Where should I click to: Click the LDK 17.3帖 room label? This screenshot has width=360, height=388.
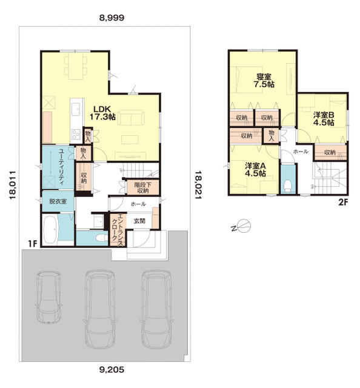pyautogui.click(x=102, y=113)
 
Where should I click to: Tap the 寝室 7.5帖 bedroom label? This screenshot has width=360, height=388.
pyautogui.click(x=264, y=80)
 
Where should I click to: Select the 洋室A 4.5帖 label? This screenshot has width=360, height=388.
pyautogui.click(x=255, y=169)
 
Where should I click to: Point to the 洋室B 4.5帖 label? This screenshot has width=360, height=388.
pyautogui.click(x=324, y=119)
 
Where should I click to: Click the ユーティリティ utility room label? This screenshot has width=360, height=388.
pyautogui.click(x=62, y=167)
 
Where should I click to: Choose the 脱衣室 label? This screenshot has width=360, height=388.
pyautogui.click(x=58, y=201)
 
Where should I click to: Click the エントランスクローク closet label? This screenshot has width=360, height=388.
pyautogui.click(x=117, y=230)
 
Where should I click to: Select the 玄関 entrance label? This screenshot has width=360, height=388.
pyautogui.click(x=139, y=221)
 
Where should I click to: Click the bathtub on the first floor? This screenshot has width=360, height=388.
pyautogui.click(x=51, y=230)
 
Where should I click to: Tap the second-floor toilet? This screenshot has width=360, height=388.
pyautogui.click(x=288, y=186)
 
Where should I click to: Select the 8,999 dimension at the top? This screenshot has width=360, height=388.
pyautogui.click(x=112, y=18)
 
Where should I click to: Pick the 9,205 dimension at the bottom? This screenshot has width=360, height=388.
pyautogui.click(x=112, y=370)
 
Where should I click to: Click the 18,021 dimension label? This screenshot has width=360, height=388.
pyautogui.click(x=198, y=184)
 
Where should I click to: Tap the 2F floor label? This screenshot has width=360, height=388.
pyautogui.click(x=343, y=202)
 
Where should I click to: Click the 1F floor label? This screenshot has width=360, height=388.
pyautogui.click(x=32, y=244)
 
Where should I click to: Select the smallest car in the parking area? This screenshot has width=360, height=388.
pyautogui.click(x=48, y=297)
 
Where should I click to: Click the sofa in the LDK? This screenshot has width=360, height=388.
pyautogui.click(x=131, y=118)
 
